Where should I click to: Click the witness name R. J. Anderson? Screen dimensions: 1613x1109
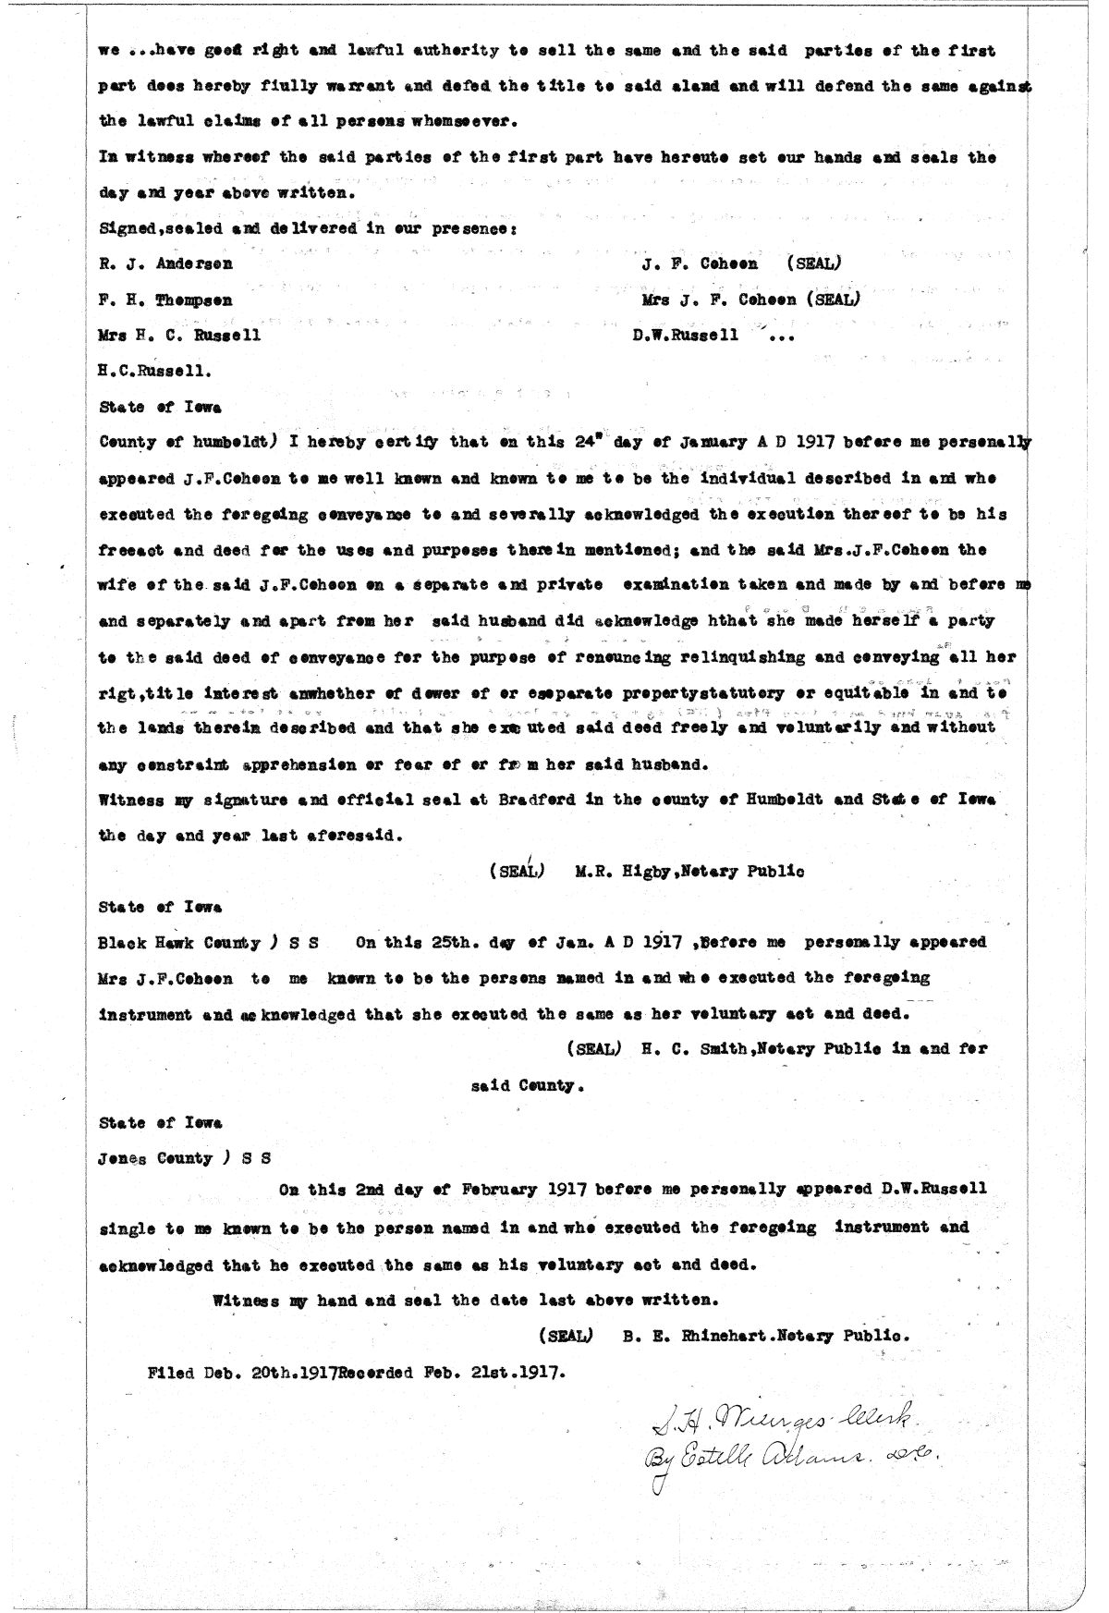click(x=165, y=263)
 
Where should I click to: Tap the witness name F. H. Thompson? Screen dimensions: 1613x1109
click(x=165, y=300)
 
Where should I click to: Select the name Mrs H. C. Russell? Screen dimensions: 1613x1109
click(x=179, y=336)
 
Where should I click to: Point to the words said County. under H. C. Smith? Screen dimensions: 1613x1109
click(x=529, y=1085)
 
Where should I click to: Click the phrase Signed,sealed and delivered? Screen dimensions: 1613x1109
click(x=203, y=228)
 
